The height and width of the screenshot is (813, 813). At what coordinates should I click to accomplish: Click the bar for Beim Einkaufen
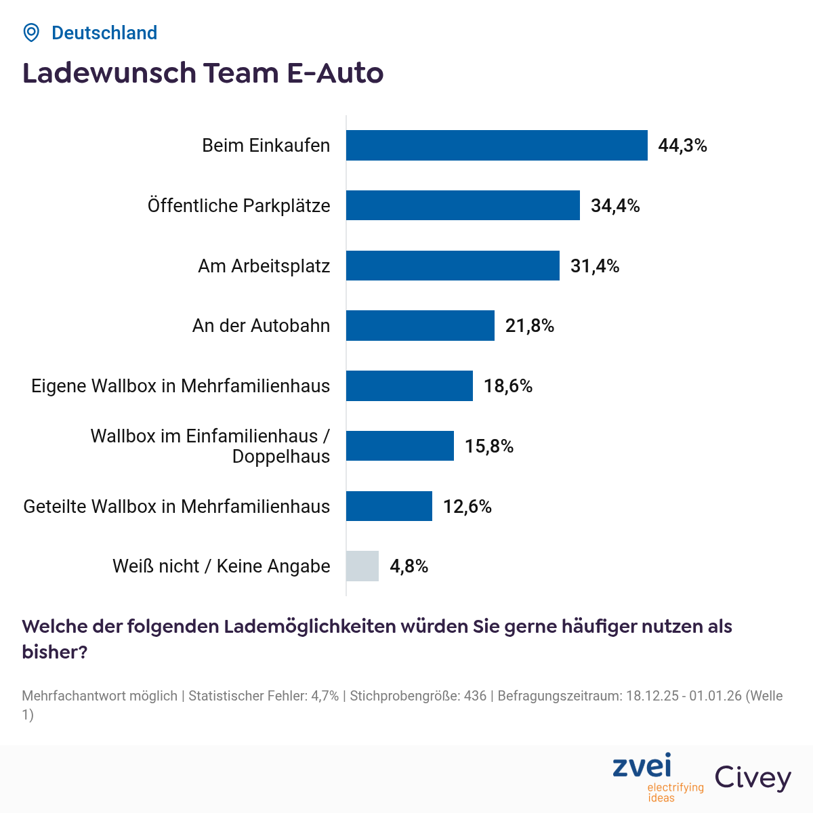click(x=497, y=145)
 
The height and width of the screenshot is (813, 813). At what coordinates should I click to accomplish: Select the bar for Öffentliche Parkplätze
click(x=463, y=205)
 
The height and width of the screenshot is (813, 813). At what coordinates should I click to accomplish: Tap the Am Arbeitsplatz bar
click(x=453, y=266)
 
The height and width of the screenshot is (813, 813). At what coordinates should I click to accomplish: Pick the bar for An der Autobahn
click(x=420, y=325)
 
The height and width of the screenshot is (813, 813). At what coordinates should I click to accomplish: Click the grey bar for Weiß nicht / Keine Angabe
click(x=362, y=566)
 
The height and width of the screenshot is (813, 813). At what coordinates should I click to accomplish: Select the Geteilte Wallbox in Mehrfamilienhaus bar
click(x=389, y=506)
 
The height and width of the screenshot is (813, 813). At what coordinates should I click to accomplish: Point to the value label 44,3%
click(x=682, y=146)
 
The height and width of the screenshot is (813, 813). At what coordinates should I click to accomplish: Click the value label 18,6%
click(x=508, y=386)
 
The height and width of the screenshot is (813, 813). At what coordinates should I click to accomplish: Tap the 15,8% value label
click(x=489, y=446)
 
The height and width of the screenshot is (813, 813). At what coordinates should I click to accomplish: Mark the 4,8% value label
click(x=409, y=566)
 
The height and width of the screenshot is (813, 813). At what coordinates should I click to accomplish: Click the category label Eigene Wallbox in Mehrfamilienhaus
click(x=181, y=386)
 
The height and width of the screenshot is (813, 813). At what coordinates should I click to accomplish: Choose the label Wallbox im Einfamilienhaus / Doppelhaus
click(x=211, y=446)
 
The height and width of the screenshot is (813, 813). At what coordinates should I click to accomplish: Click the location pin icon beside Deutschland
click(x=31, y=33)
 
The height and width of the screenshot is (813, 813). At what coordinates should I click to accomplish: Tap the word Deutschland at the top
click(x=104, y=33)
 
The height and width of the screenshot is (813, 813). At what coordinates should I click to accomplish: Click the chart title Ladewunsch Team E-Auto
click(x=203, y=73)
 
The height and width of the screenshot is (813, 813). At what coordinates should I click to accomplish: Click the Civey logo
click(x=753, y=778)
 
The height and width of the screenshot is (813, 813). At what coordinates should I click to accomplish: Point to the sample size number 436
click(x=476, y=696)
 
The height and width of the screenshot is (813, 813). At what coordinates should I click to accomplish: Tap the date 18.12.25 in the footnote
click(x=652, y=696)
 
